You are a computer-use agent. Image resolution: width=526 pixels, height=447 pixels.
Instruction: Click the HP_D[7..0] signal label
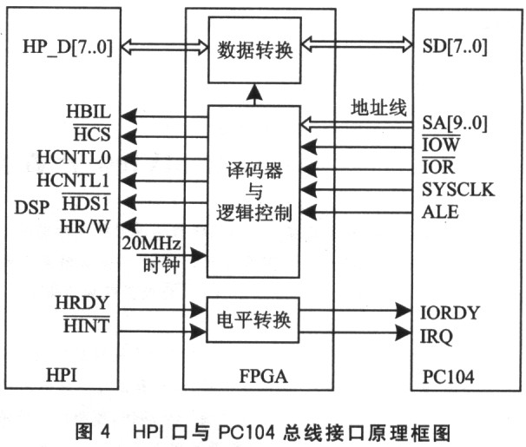68,47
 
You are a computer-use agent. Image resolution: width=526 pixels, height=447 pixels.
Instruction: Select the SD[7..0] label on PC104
455,47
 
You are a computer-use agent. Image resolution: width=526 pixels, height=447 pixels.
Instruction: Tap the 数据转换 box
254,50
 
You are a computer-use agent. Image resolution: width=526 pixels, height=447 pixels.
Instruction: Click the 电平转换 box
253,319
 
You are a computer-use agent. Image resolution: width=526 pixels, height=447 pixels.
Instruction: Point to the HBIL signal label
89,111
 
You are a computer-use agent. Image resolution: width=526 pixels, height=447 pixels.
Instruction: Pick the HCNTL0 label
74,157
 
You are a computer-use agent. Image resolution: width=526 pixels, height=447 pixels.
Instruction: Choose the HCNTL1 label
73,181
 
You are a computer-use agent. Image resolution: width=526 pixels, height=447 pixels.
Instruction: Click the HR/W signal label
85,227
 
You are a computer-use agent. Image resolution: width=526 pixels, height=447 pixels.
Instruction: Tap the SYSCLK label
458,189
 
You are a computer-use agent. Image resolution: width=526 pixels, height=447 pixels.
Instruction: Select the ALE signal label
440,212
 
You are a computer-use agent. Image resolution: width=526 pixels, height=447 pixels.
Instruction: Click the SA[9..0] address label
455,122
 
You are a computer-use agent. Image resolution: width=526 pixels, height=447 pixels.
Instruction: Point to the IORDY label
450,312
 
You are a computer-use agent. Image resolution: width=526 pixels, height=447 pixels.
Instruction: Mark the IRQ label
436,337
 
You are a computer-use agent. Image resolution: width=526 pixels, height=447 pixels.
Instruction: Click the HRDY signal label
82,303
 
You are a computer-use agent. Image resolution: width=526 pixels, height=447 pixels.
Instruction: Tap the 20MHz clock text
151,243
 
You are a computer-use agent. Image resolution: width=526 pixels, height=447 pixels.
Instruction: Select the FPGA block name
263,376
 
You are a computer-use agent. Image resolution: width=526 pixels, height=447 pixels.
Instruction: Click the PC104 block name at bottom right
448,377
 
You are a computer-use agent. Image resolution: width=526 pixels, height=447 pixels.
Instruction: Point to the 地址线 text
378,108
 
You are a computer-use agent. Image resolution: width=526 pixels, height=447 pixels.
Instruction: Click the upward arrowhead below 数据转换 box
254,92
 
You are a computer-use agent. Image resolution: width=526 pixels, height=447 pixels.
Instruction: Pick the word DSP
32,207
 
